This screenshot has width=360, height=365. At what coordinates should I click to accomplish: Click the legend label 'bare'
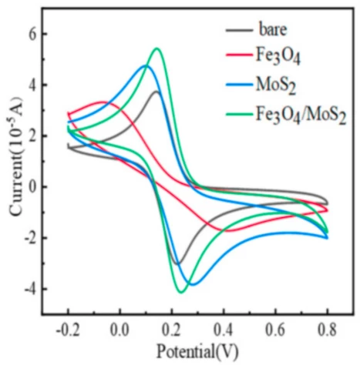point(273,30)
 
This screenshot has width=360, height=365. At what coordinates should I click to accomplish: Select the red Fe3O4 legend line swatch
point(239,55)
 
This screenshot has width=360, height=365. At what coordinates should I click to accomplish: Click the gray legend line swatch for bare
point(239,30)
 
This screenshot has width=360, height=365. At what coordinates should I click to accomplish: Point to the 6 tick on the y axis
point(32,34)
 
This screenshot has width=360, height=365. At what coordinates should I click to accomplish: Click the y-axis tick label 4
point(32,85)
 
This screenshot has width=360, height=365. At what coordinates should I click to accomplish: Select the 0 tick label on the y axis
point(32,187)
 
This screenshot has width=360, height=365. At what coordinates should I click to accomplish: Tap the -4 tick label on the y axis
point(30,290)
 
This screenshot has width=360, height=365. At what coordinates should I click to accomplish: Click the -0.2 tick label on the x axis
point(68,330)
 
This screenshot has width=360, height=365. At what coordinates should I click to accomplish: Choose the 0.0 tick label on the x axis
point(119,330)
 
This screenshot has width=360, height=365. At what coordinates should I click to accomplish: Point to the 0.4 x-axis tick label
point(224,330)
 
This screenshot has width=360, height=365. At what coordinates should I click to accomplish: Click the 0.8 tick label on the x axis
point(327,330)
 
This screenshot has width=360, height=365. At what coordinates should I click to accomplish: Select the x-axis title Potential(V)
point(197,351)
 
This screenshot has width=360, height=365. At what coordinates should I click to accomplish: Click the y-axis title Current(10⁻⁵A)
point(16,156)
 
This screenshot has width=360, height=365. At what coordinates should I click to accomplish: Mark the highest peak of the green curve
point(156,49)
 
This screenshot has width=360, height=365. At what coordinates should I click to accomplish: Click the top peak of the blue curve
point(145,65)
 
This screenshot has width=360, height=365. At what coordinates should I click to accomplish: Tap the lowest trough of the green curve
point(181,292)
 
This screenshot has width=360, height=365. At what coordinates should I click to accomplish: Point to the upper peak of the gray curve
point(156,92)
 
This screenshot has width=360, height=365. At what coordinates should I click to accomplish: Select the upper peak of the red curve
point(103,102)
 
